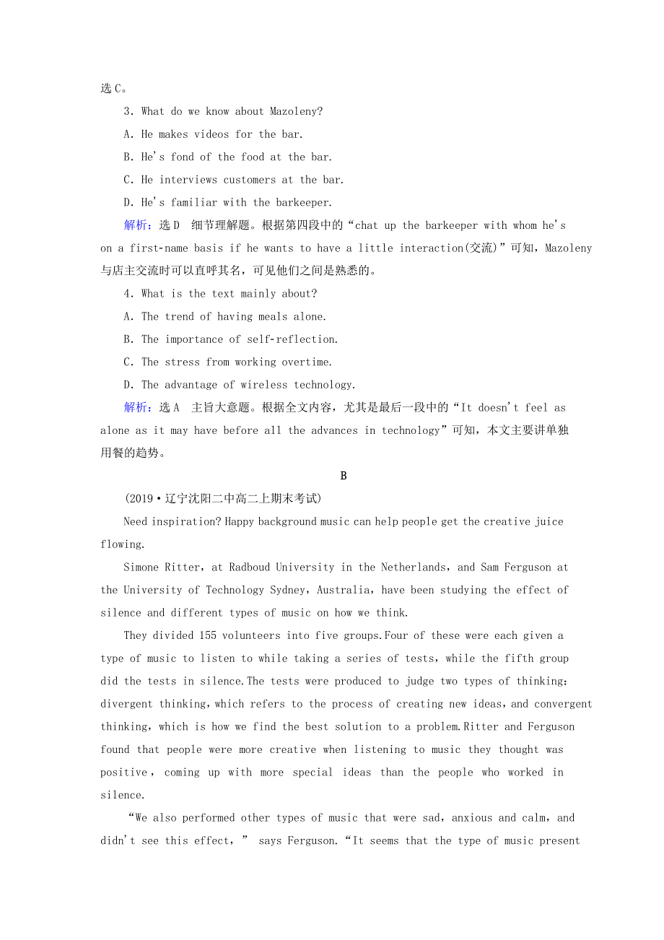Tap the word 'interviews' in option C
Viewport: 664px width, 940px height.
(188, 180)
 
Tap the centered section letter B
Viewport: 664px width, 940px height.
(344, 476)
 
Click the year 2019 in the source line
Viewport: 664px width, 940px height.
(140, 499)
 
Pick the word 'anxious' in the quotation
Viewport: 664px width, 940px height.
(476, 818)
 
